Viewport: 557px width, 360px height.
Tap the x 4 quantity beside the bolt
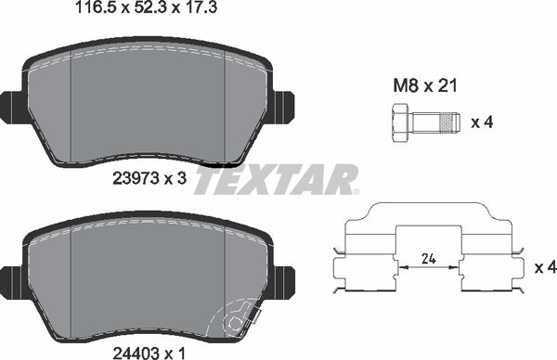[482, 121]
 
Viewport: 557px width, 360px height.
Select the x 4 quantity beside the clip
[545, 267]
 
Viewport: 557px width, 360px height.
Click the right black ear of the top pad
[283, 107]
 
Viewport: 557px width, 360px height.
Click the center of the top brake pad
[149, 102]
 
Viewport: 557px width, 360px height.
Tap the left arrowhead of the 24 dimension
[401, 267]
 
